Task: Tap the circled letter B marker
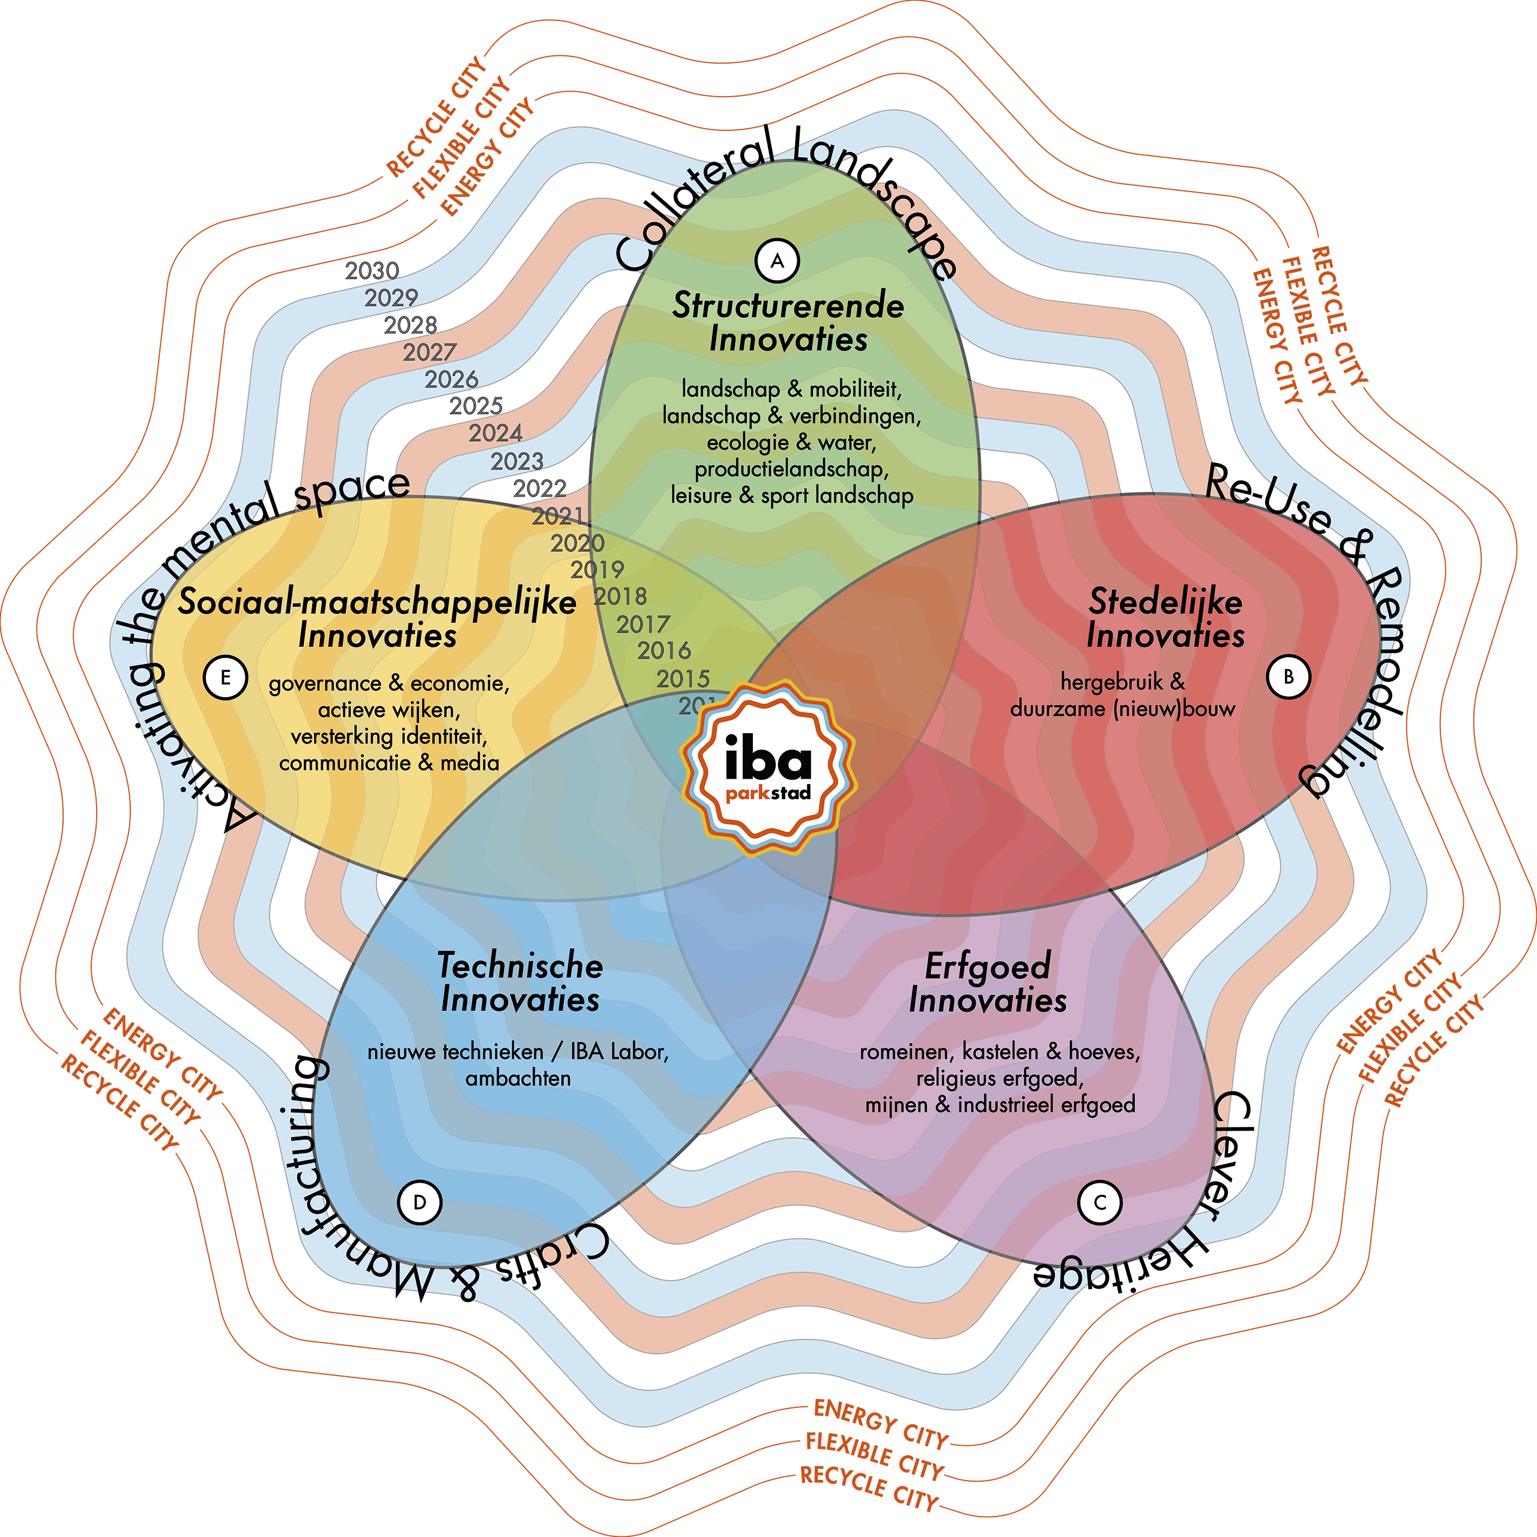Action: click(1288, 677)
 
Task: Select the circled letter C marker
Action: click(1099, 1202)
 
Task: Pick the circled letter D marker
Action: click(419, 1202)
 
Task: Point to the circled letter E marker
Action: click(225, 678)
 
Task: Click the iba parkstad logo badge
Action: click(768, 768)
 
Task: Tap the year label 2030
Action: click(372, 271)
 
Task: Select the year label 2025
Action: click(476, 406)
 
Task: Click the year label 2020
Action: click(578, 543)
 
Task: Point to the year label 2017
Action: click(643, 624)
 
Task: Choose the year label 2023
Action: click(516, 462)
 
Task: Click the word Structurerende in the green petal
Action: click(788, 306)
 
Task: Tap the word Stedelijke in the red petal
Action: click(1165, 602)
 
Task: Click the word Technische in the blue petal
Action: click(521, 966)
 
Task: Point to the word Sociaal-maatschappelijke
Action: click(377, 602)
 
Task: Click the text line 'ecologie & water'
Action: click(791, 442)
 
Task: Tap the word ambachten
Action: click(518, 1079)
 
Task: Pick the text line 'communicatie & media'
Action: click(389, 763)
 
